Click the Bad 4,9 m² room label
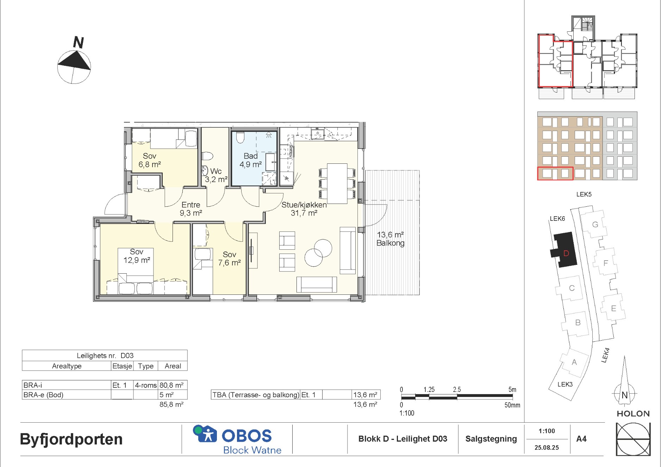pyautogui.click(x=251, y=160)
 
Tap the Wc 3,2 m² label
pyautogui.click(x=216, y=175)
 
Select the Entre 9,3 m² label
pyautogui.click(x=191, y=209)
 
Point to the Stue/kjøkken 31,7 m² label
pyautogui.click(x=304, y=209)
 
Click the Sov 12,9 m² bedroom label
pyautogui.click(x=137, y=256)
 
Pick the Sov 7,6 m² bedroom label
pyautogui.click(x=229, y=259)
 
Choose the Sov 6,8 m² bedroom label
pyautogui.click(x=150, y=160)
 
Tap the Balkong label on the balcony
pyautogui.click(x=391, y=243)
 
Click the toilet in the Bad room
pyautogui.click(x=241, y=137)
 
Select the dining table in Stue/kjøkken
pyautogui.click(x=337, y=183)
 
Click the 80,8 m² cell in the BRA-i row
pyautogui.click(x=171, y=385)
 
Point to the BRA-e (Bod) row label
pyautogui.click(x=43, y=395)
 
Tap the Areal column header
pyautogui.click(x=173, y=366)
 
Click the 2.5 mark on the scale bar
pyautogui.click(x=457, y=390)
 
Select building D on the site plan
pyautogui.click(x=564, y=250)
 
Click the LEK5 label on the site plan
pyautogui.click(x=584, y=194)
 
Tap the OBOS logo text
pyautogui.click(x=246, y=436)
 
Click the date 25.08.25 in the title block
pyautogui.click(x=547, y=448)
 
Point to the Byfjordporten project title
pyautogui.click(x=71, y=440)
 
